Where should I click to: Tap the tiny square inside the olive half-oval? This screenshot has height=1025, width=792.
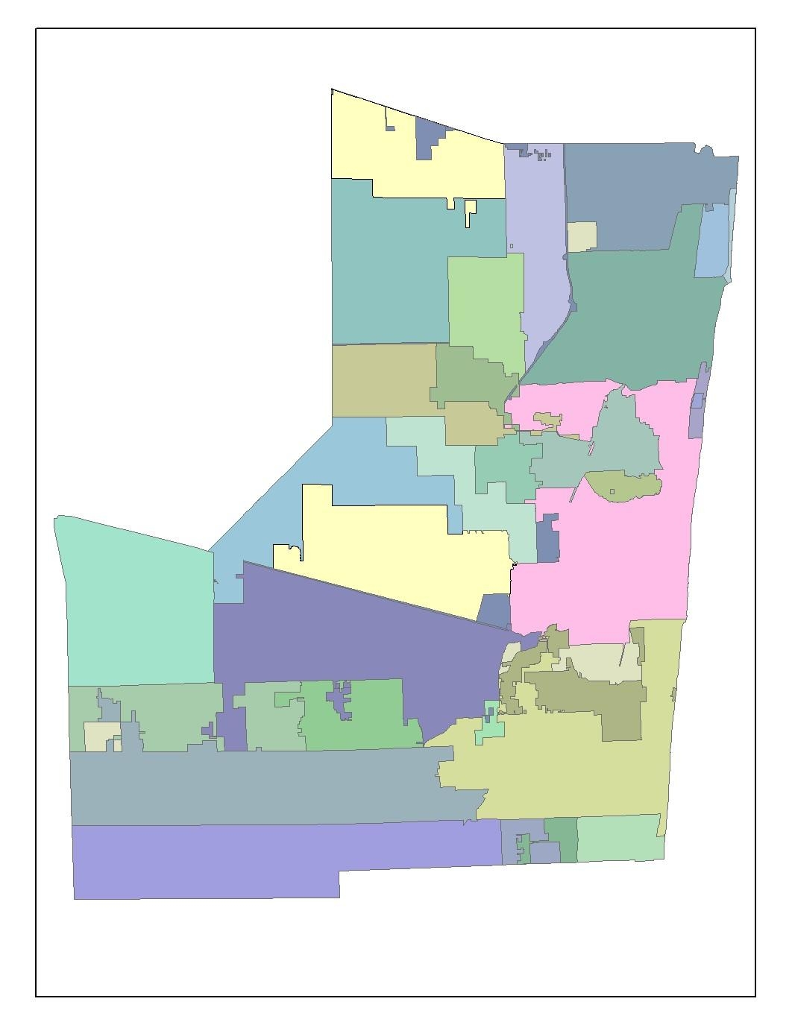pyautogui.click(x=612, y=491)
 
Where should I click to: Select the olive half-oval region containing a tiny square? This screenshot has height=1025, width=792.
pyautogui.click(x=634, y=485)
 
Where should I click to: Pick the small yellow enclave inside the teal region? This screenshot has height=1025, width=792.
pyautogui.click(x=470, y=212)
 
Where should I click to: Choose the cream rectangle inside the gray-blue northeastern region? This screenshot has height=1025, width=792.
pyautogui.click(x=582, y=236)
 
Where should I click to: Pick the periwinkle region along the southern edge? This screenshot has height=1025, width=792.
pyautogui.click(x=261, y=857)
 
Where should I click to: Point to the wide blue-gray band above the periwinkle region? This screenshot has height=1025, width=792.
pyautogui.click(x=261, y=786)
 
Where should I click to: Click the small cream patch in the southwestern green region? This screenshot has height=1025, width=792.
pyautogui.click(x=97, y=737)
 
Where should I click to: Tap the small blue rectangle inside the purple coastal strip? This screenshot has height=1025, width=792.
pyautogui.click(x=697, y=401)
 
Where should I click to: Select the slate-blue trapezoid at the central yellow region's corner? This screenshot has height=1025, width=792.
pyautogui.click(x=494, y=609)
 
